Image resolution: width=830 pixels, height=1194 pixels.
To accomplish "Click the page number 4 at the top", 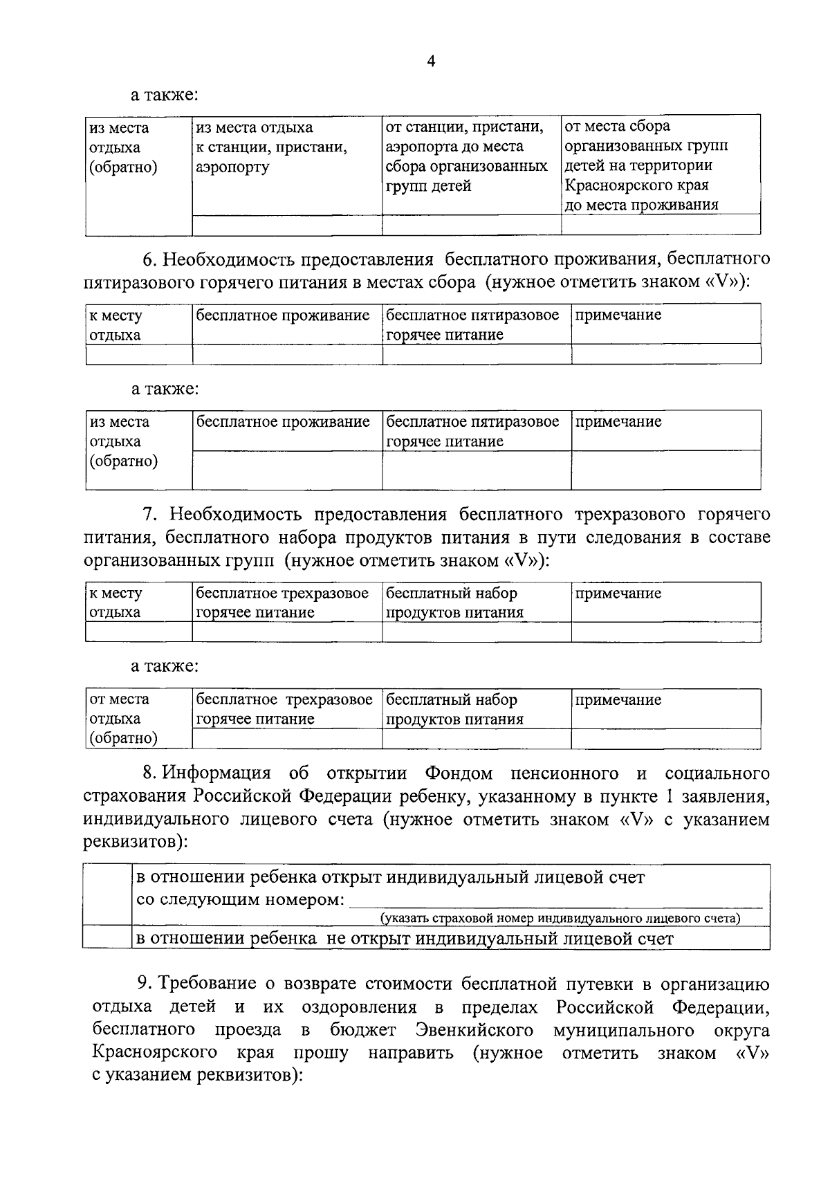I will click(431, 62).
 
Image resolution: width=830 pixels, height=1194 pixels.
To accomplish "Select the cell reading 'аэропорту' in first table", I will click(233, 167).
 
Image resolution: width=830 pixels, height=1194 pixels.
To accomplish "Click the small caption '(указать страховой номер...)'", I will click(560, 919).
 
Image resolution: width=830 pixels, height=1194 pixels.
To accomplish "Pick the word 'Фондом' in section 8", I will click(459, 773).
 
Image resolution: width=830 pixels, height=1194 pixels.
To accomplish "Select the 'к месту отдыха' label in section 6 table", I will click(115, 325).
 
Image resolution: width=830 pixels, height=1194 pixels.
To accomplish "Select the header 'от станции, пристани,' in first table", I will click(463, 127).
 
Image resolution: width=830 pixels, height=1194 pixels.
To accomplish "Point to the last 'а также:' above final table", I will click(165, 666).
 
